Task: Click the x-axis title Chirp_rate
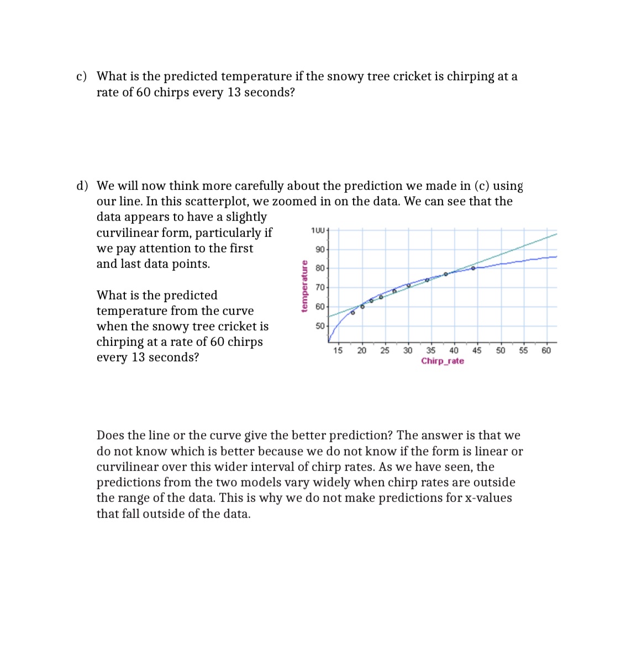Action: click(442, 361)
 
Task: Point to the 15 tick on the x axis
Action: click(338, 350)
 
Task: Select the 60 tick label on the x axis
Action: click(546, 350)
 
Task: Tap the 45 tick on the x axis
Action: click(476, 350)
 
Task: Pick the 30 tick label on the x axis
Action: click(407, 350)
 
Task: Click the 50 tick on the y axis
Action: click(320, 326)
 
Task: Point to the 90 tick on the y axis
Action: click(320, 249)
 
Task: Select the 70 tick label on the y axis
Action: click(320, 287)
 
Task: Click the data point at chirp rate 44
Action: click(473, 268)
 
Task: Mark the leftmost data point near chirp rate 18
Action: click(353, 313)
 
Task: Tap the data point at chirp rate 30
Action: click(408, 285)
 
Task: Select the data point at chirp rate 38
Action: click(446, 274)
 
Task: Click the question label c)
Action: click(81, 76)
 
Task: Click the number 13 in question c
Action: click(234, 92)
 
